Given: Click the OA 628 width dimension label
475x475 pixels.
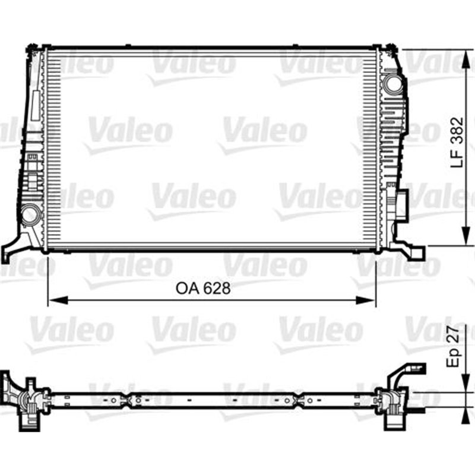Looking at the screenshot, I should (202, 289).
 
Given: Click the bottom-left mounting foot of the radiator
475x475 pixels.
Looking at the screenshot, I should (12, 249).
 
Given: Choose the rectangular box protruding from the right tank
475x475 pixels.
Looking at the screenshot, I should (403, 204).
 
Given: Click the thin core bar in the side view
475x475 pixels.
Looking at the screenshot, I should (208, 400).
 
